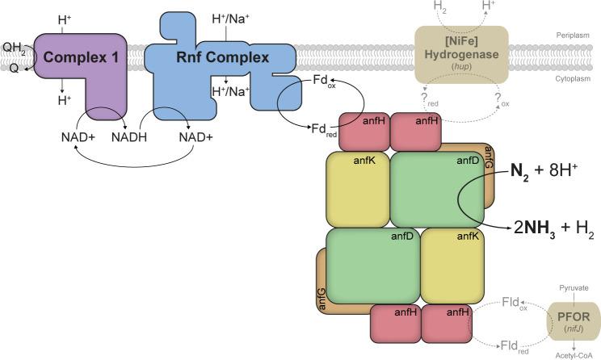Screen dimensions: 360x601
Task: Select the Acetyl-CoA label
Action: pyautogui.click(x=571, y=354)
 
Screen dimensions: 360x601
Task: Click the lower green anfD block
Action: pyautogui.click(x=374, y=266)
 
